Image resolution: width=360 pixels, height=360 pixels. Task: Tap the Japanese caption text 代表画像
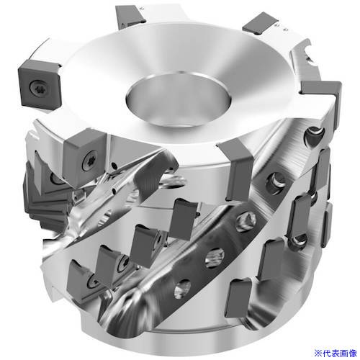click(340, 353)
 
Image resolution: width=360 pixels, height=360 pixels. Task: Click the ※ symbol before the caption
click(318, 353)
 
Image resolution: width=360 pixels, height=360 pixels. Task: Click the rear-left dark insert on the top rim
click(130, 15)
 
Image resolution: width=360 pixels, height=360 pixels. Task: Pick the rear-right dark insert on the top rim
click(261, 24)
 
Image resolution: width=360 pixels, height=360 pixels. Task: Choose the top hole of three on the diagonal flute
click(246, 221)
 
